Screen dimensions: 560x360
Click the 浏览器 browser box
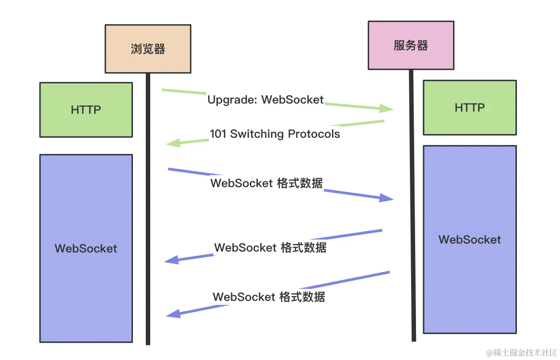point(148,49)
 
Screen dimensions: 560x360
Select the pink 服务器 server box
point(411,45)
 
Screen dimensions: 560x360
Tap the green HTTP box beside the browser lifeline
point(86,110)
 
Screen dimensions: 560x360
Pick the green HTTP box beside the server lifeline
point(470,108)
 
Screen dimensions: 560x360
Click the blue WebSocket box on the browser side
point(86,248)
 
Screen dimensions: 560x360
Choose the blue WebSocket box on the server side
point(470,240)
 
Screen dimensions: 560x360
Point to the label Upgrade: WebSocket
point(265,100)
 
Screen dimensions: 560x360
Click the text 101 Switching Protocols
point(275,134)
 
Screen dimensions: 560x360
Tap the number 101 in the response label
point(218,134)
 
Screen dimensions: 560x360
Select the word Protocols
point(314,134)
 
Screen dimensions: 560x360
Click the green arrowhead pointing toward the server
point(386,108)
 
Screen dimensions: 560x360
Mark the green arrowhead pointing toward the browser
point(173,143)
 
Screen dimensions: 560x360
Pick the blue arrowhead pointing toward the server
point(387,198)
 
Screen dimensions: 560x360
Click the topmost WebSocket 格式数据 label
point(267,183)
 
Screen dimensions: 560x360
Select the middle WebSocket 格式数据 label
point(270,248)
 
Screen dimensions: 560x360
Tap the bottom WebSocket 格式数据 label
point(269,297)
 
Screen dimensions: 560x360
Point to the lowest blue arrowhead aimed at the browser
point(173,314)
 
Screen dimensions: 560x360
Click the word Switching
point(257,134)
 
